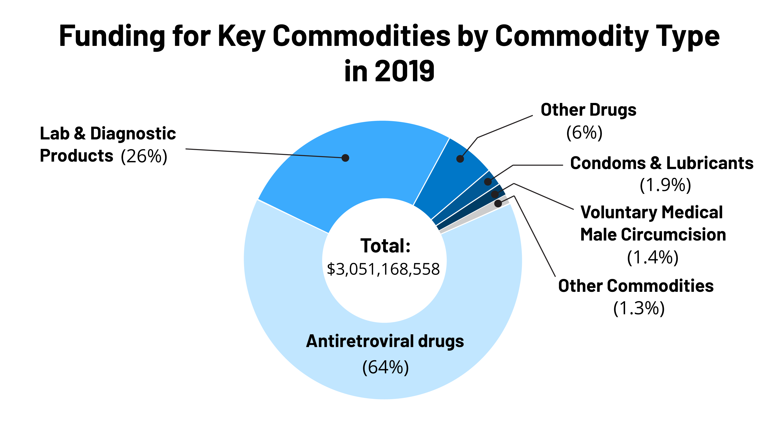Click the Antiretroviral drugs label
tap(385, 341)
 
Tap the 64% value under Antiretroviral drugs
tap(385, 367)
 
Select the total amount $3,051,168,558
tap(383, 269)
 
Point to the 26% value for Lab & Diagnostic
tap(144, 156)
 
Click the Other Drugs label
tap(588, 109)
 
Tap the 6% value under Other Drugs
tap(584, 133)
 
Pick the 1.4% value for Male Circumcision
tap(653, 257)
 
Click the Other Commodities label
tap(636, 286)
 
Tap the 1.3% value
tap(639, 309)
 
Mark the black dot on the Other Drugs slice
tap(460, 159)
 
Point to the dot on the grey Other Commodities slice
tap(498, 203)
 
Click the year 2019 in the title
tap(405, 71)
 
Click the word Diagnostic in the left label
tap(133, 134)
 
